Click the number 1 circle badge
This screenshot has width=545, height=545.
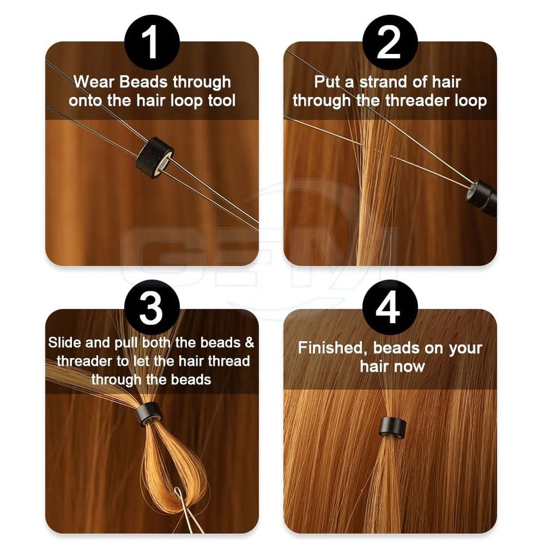152,43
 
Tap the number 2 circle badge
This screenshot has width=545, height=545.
389,43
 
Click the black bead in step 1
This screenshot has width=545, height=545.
154,156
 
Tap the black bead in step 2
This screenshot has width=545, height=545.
482,198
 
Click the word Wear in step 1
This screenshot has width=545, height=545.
94,82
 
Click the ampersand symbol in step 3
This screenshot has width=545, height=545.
250,343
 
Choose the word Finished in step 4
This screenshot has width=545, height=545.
333,348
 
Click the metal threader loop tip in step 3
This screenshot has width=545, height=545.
178,490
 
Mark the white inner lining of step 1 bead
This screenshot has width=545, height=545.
163,163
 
